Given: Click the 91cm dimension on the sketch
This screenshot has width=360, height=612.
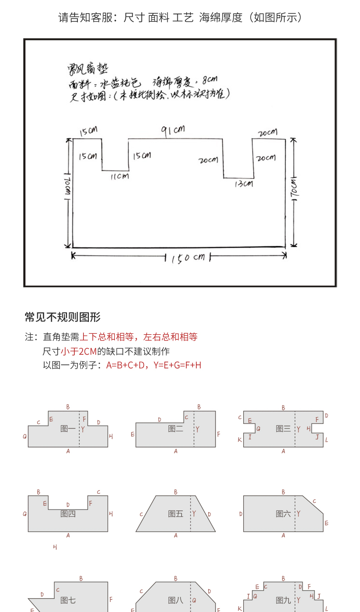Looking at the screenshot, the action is click(173, 130).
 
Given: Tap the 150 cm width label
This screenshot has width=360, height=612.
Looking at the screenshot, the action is click(188, 258).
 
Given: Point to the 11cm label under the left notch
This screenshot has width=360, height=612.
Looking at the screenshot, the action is click(119, 176).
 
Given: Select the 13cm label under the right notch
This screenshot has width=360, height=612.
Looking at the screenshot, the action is click(243, 184).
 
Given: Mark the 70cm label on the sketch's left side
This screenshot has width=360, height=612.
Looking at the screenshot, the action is click(67, 187).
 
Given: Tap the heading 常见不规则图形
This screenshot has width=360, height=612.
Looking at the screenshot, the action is click(62, 317).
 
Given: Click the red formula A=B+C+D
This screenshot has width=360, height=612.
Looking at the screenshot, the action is click(126, 365).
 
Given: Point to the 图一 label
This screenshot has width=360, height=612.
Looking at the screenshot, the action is click(68, 428).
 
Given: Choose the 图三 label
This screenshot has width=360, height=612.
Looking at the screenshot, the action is click(283, 428).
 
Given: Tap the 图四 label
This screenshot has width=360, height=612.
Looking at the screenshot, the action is click(68, 514).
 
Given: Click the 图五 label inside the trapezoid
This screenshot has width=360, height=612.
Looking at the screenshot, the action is click(175, 514).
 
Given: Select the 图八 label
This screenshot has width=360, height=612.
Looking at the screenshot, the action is click(175, 600).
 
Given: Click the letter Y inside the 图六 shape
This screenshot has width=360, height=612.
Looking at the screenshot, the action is click(298, 514).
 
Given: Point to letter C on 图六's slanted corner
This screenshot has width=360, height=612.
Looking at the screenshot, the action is click(314, 501).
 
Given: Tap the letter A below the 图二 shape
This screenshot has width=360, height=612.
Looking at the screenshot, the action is click(175, 451).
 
